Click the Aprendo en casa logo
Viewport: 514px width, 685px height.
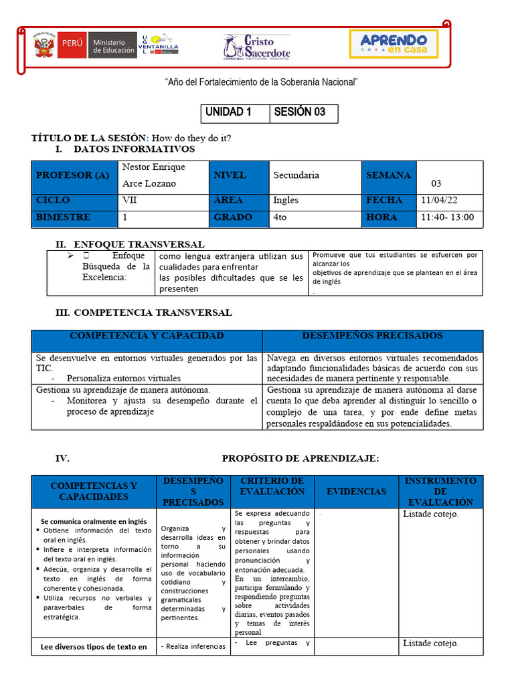point(394,43)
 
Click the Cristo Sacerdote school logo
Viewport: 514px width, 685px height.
point(256,46)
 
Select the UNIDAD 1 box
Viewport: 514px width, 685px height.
point(235,112)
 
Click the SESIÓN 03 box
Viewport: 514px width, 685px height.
point(303,112)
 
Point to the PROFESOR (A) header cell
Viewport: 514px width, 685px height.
point(74,176)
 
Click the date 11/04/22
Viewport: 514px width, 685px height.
point(439,200)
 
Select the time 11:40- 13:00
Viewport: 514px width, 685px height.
point(447,217)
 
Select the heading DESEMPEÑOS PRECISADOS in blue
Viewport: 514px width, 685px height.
point(372,336)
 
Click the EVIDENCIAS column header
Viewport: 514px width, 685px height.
point(356,491)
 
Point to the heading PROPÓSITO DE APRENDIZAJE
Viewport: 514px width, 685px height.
point(300,458)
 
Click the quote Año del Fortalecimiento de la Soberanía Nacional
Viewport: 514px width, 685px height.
point(261,82)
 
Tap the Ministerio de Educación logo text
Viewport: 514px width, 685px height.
point(112,45)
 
